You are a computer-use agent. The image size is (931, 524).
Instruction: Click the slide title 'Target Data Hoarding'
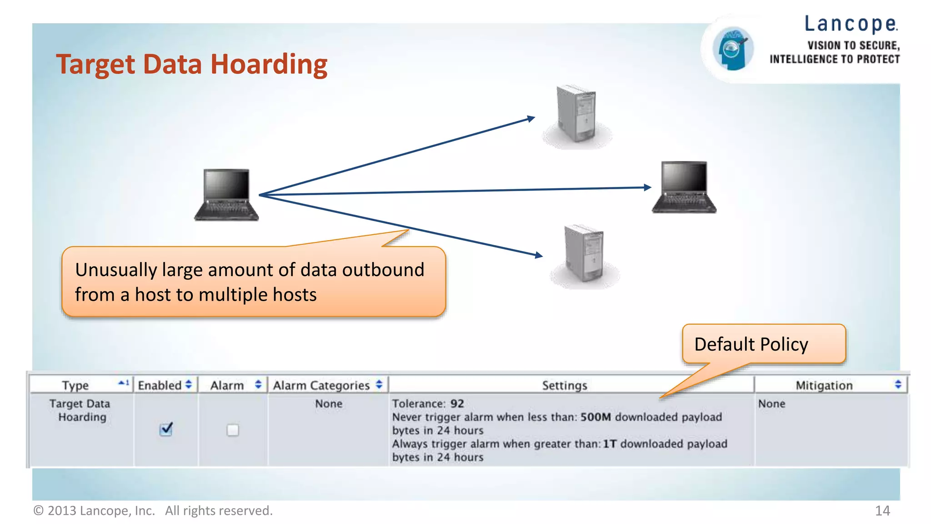tap(191, 64)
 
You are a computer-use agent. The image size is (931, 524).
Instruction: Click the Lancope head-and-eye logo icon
tap(732, 49)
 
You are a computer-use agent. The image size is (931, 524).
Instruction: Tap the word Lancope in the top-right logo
tap(851, 24)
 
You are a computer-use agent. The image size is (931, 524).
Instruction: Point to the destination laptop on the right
tap(684, 187)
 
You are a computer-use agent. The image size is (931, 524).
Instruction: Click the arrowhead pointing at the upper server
tap(531, 119)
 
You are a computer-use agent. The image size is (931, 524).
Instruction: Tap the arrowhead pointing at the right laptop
tap(648, 187)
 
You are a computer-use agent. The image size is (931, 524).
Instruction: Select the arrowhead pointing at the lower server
tap(539, 255)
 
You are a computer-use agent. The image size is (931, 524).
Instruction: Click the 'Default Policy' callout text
tap(751, 344)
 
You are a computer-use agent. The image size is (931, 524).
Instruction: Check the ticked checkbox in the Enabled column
tap(166, 429)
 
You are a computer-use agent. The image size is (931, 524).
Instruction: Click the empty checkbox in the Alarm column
tap(233, 430)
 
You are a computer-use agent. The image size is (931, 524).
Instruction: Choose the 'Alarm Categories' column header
tap(321, 386)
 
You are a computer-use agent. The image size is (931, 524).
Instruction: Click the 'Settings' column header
tap(565, 386)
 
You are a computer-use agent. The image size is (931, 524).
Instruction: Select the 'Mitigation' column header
tap(824, 386)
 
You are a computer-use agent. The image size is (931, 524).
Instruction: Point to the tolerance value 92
tap(457, 403)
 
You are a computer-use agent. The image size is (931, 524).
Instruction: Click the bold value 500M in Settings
tap(596, 417)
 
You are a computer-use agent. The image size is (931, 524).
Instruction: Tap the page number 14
tap(882, 511)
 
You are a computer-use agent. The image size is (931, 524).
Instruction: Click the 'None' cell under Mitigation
tap(771, 403)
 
